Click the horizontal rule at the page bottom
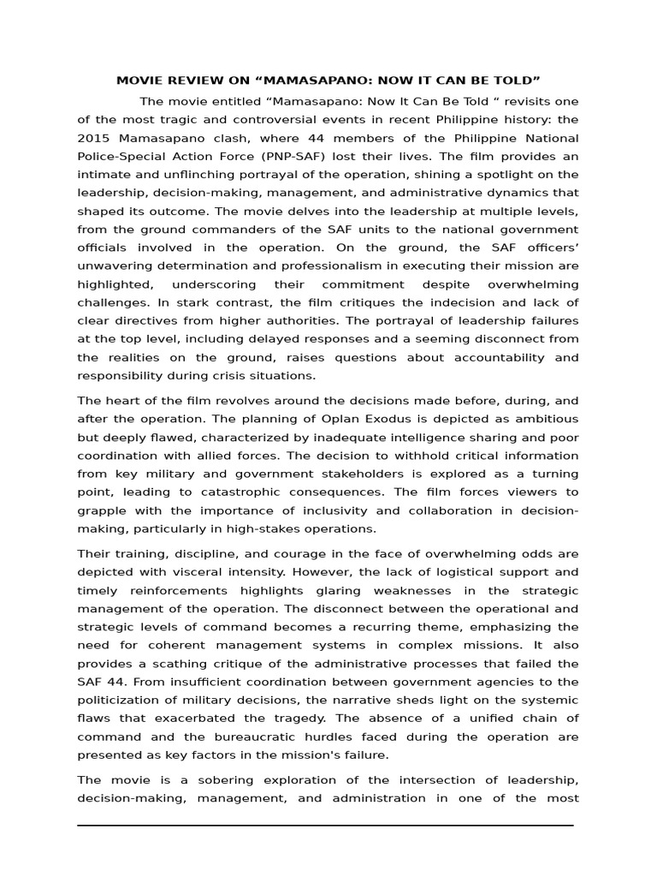click(325, 826)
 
